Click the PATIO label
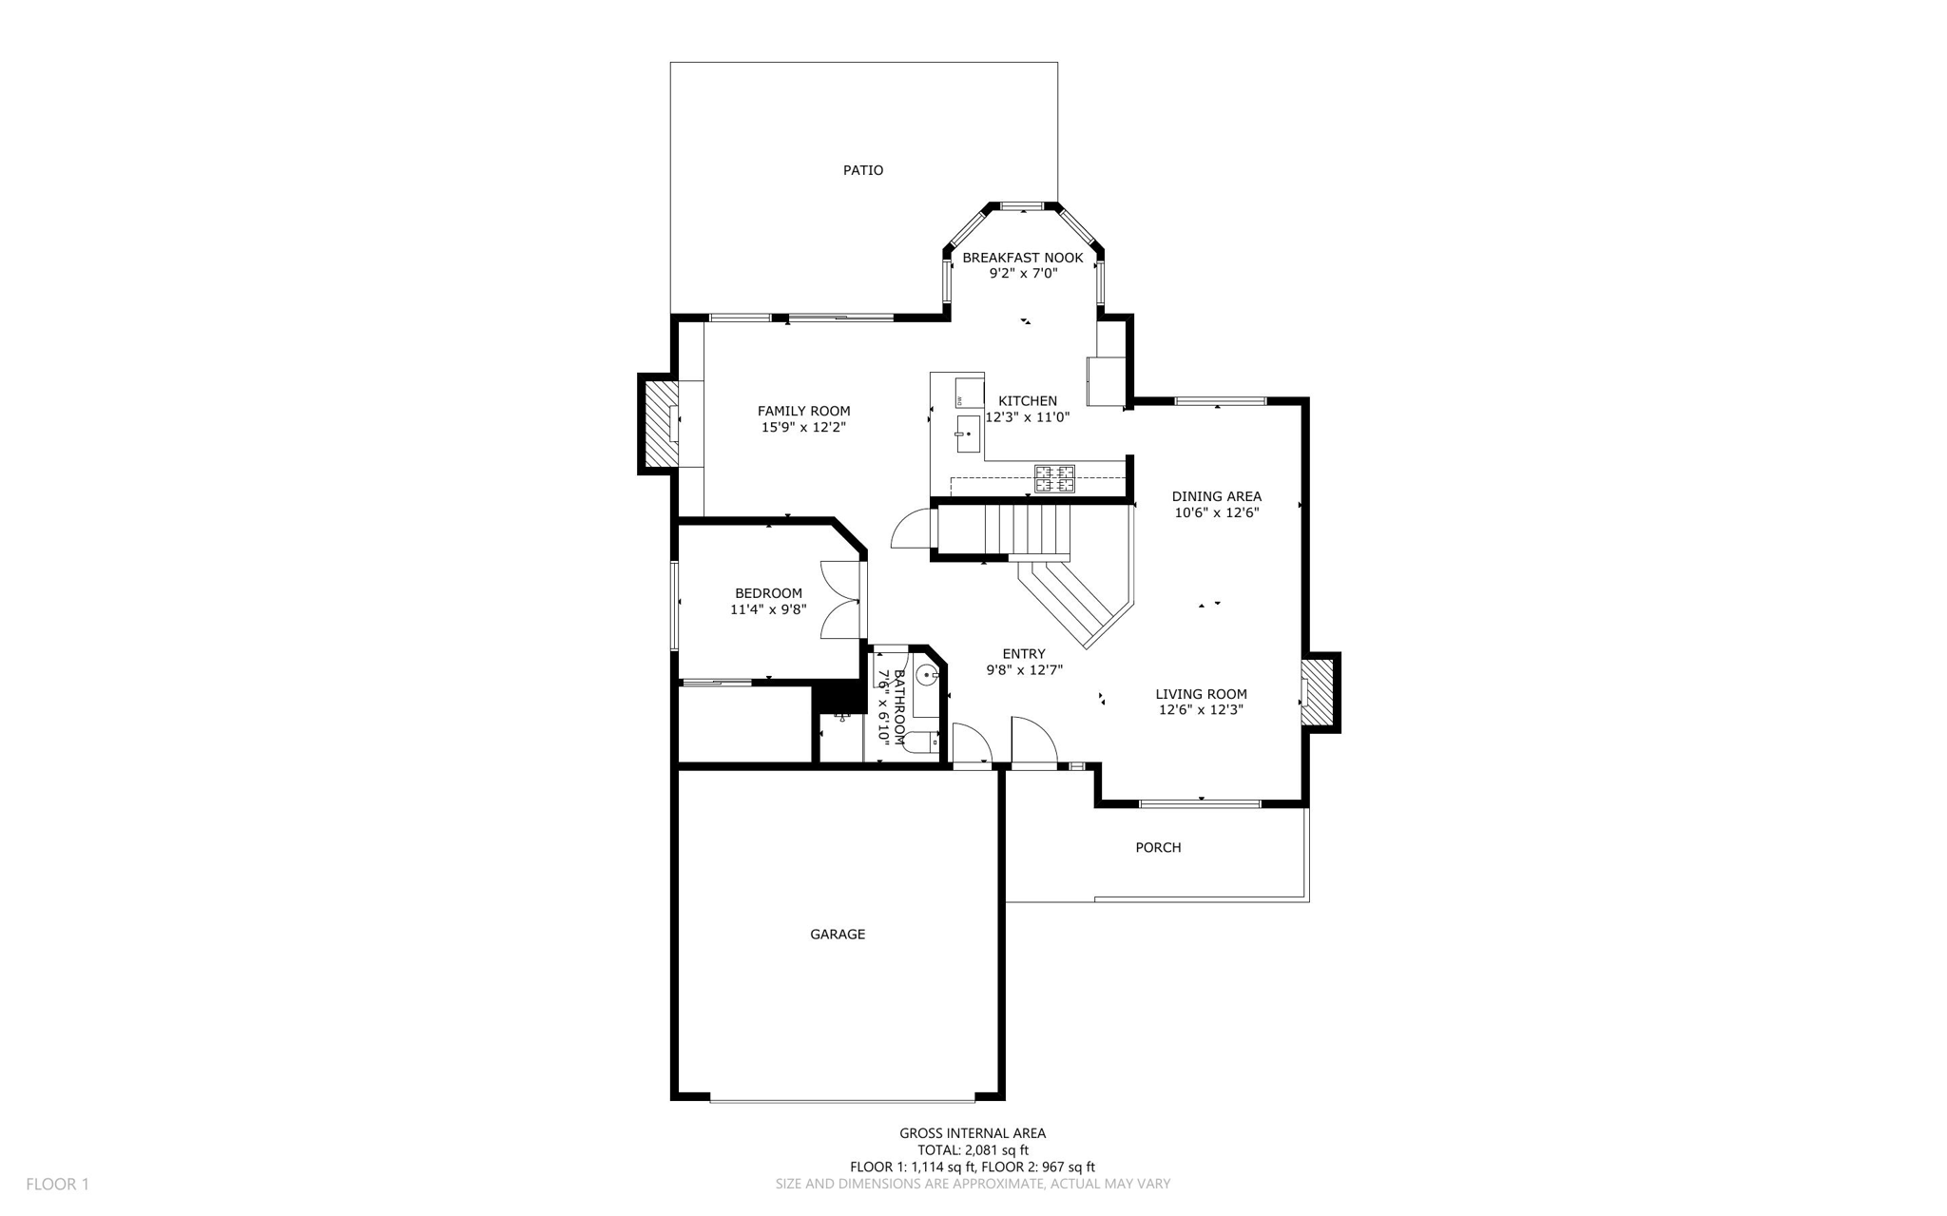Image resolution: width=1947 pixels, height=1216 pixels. pos(862,170)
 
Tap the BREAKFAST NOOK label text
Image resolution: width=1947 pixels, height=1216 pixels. pos(1022,258)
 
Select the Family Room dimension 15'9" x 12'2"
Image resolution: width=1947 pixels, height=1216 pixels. pos(803,428)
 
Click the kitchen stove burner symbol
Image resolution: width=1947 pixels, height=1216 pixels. pos(1054,478)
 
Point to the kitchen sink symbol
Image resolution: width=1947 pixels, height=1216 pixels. pos(968,434)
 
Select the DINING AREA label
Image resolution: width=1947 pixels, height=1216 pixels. pos(1216,496)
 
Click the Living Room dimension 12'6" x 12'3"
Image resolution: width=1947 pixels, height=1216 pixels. pos(1201,710)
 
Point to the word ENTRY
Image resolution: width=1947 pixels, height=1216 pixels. pos(1023,654)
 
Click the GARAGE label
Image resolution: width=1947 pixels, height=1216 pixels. pos(837,935)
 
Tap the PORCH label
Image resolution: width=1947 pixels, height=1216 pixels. pos(1158,848)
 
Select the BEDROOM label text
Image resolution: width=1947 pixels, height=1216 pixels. pos(768,593)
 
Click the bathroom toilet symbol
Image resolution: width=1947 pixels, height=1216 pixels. pos(920,743)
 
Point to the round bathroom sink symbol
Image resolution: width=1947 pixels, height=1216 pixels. pos(928,675)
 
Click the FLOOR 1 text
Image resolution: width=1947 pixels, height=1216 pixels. pos(57,1185)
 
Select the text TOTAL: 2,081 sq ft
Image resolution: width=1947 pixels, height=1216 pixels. pos(972,1150)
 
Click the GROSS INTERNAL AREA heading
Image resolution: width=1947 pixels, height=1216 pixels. pos(972,1133)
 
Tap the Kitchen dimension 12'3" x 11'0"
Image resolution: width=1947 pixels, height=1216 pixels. pos(1027,417)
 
